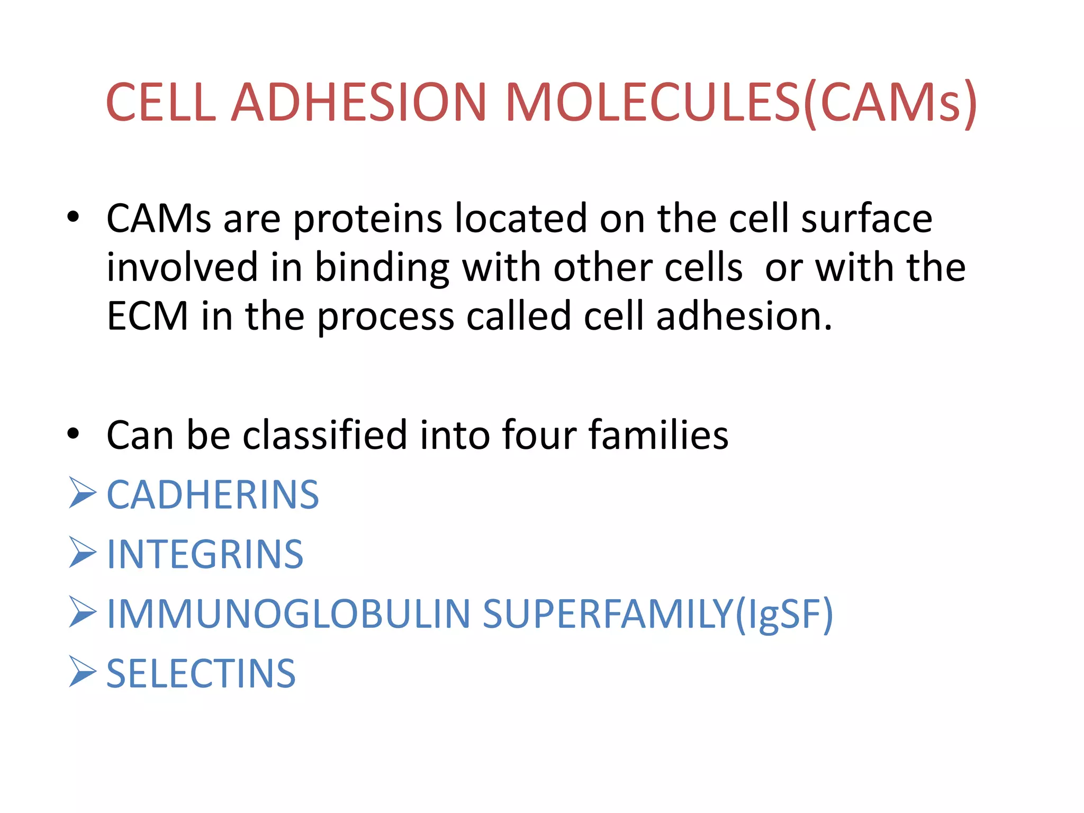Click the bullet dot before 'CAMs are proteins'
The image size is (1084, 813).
pyautogui.click(x=73, y=216)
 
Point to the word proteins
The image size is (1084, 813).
pyautogui.click(x=367, y=219)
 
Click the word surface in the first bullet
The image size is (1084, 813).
pyautogui.click(x=866, y=218)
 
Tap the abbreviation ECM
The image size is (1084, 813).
pyautogui.click(x=147, y=316)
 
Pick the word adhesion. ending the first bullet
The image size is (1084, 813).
pyautogui.click(x=744, y=316)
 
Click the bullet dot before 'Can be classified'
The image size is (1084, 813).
pyautogui.click(x=73, y=434)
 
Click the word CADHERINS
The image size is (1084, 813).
pyautogui.click(x=213, y=495)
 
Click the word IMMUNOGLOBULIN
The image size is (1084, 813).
pyautogui.click(x=288, y=614)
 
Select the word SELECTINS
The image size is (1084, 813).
pyautogui.click(x=201, y=674)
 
